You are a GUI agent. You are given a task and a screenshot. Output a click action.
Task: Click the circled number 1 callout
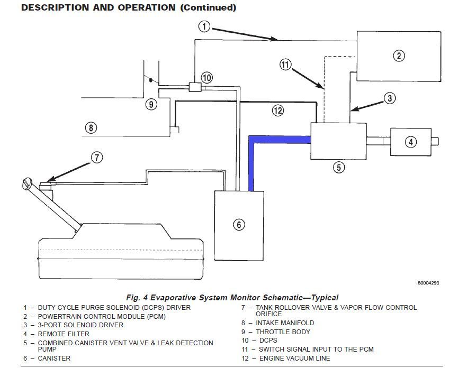204,26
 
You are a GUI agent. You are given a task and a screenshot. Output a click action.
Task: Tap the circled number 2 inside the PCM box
399,56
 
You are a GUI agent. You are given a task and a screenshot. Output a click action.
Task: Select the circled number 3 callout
390,98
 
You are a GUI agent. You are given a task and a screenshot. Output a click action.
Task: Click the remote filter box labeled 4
411,142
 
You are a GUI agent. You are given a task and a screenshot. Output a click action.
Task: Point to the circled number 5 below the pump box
339,167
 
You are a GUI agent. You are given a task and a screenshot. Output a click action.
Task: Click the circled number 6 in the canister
239,225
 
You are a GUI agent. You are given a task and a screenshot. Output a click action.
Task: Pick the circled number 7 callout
97,158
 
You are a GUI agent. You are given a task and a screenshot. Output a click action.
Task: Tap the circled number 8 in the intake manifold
91,127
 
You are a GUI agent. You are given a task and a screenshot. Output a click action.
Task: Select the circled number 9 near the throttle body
151,105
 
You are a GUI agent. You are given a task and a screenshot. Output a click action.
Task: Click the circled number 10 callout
206,78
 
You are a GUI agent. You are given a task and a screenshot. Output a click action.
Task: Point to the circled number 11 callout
285,65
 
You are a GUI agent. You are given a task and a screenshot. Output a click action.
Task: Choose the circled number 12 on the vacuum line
278,111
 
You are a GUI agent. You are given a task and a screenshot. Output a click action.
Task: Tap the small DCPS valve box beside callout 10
195,87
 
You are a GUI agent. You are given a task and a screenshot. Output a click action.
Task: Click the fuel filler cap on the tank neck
26,183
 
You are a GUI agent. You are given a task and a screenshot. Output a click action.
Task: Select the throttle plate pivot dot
150,80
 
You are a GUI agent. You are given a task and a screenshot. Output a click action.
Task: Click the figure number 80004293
428,283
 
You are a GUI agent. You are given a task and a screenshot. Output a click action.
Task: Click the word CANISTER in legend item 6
54,358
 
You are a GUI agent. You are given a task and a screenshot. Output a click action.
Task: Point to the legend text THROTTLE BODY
283,332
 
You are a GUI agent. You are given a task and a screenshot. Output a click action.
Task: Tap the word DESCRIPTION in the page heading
56,7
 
